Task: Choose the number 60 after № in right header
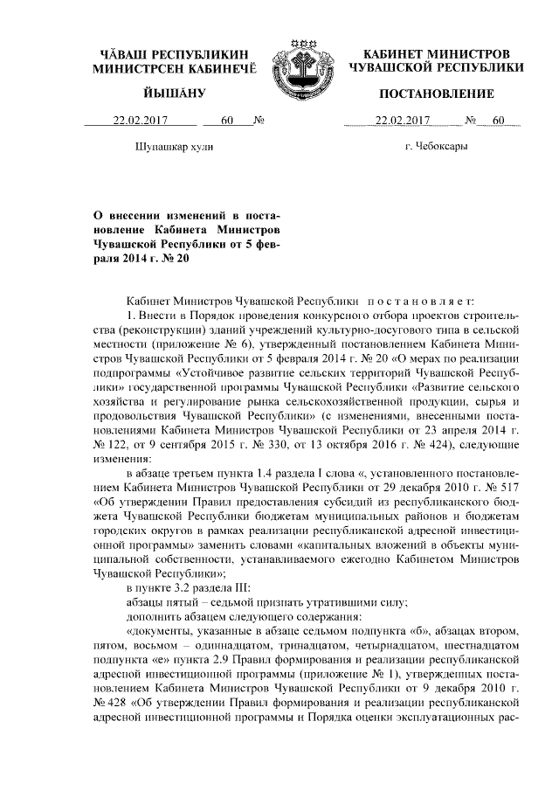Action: (499, 121)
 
